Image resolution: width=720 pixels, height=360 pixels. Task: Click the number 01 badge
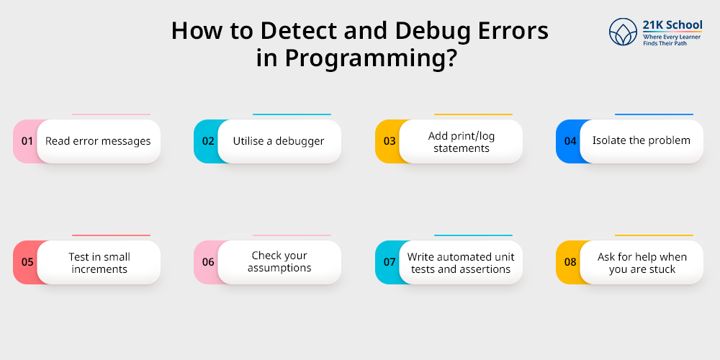tap(27, 141)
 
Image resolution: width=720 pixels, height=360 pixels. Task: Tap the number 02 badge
tap(208, 141)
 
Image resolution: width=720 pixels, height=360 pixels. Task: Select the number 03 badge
tap(390, 141)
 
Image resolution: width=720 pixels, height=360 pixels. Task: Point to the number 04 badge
tap(570, 141)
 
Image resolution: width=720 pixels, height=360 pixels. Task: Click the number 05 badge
tap(27, 262)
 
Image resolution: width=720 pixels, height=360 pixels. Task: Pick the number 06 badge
tap(208, 262)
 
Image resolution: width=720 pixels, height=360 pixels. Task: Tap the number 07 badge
tap(390, 262)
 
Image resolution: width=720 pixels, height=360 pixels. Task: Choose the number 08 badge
tap(570, 262)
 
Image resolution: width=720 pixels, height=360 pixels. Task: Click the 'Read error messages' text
tap(98, 141)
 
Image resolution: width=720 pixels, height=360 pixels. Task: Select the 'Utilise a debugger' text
tap(279, 141)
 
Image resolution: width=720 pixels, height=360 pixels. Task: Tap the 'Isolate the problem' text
tap(641, 140)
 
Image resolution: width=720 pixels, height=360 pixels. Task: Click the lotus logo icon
tap(624, 32)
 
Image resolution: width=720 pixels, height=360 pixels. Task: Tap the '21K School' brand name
tap(672, 26)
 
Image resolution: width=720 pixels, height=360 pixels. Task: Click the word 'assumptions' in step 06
tap(279, 269)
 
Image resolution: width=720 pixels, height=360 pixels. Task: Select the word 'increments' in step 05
tap(99, 269)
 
